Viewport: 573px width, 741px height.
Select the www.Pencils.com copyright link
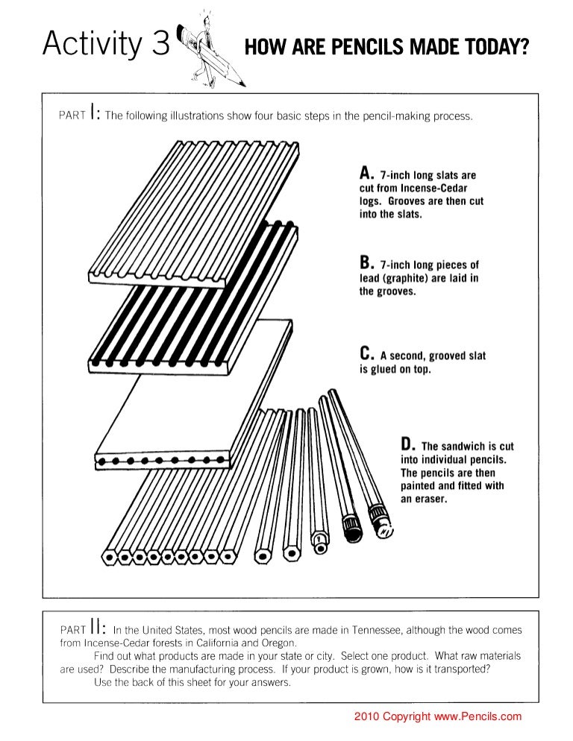coord(477,717)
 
